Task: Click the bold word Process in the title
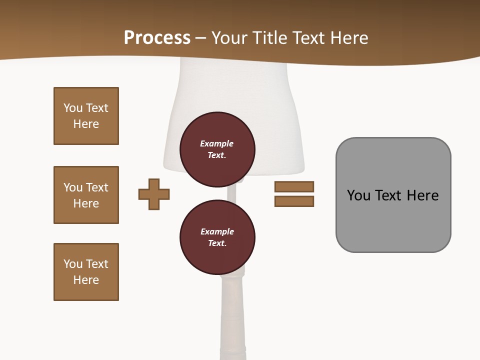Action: tap(157, 38)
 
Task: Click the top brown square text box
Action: tap(86, 116)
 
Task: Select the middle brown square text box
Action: tap(86, 195)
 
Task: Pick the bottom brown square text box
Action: tap(86, 272)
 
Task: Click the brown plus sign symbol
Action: tap(154, 194)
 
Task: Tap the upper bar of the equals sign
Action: tap(294, 186)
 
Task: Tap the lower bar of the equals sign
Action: tap(294, 201)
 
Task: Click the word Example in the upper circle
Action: tap(216, 144)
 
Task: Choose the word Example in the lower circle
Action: tap(217, 232)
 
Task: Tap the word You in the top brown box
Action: tap(72, 108)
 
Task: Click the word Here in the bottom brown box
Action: tap(86, 280)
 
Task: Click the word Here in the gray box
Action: tap(422, 195)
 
